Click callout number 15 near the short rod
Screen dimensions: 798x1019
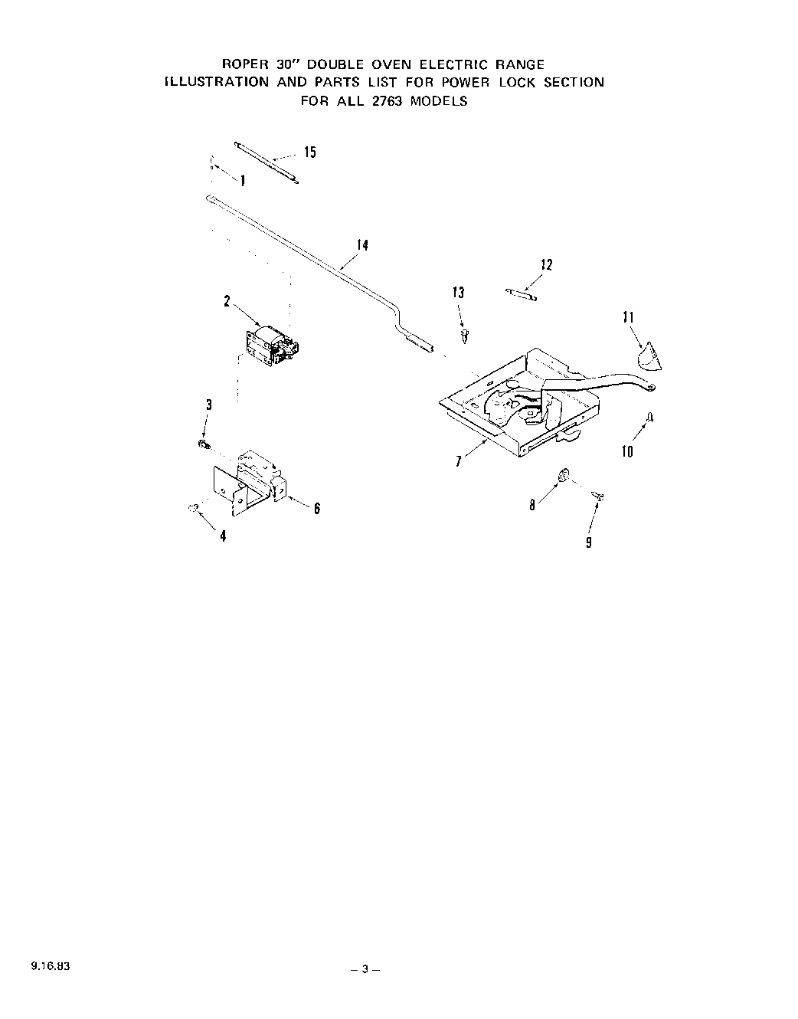309,152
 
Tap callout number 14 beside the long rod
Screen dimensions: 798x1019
362,245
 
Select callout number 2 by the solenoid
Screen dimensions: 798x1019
227,301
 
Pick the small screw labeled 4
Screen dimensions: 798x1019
195,507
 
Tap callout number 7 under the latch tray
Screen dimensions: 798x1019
458,461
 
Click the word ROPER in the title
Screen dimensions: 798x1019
243,65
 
